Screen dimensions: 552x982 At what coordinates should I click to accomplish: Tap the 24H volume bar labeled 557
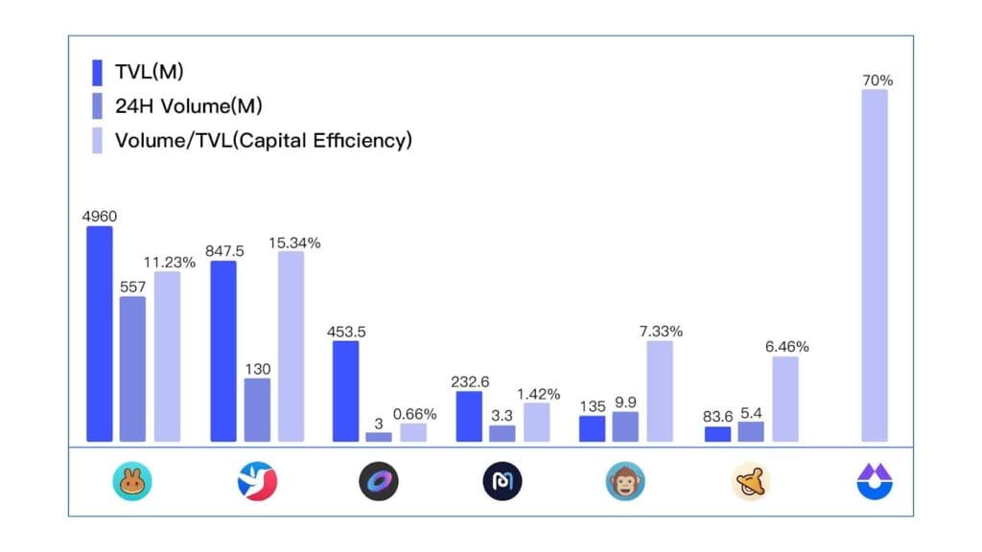[x=133, y=369]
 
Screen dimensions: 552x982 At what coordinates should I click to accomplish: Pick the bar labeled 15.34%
[x=291, y=346]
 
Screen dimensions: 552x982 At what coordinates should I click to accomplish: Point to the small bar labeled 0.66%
[x=413, y=432]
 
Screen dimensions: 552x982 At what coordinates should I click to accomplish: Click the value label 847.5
[x=224, y=251]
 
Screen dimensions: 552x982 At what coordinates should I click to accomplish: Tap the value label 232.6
[x=470, y=381]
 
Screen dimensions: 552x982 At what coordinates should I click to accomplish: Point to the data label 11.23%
[x=170, y=262]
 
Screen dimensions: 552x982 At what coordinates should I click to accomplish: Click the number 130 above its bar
[x=257, y=369]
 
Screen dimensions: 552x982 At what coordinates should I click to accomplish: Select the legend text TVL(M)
[x=149, y=73]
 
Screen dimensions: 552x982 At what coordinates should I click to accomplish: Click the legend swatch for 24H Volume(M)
[x=97, y=106]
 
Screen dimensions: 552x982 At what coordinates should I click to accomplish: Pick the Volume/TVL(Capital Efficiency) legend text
[x=264, y=140]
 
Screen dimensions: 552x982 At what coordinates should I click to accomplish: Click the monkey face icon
[x=625, y=482]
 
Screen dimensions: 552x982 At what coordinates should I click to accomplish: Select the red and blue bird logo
[x=257, y=482]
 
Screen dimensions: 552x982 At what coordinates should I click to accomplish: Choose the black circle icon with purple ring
[x=379, y=482]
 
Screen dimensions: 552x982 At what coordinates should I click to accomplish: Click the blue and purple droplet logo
[x=875, y=482]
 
